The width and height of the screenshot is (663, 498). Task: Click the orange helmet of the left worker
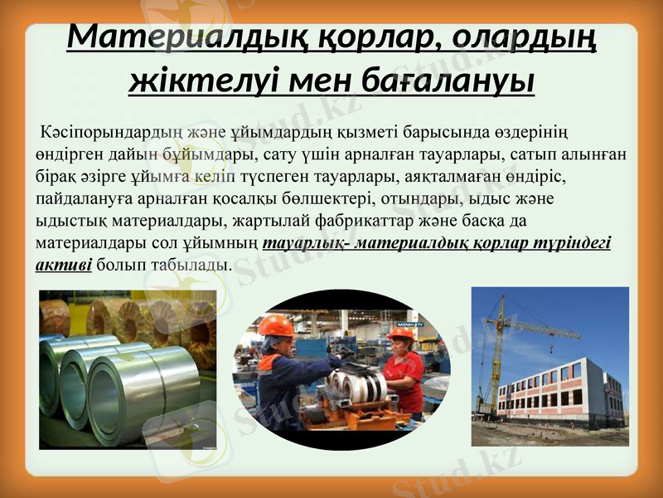coord(276,325)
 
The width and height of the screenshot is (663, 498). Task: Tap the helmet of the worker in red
coord(400,334)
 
